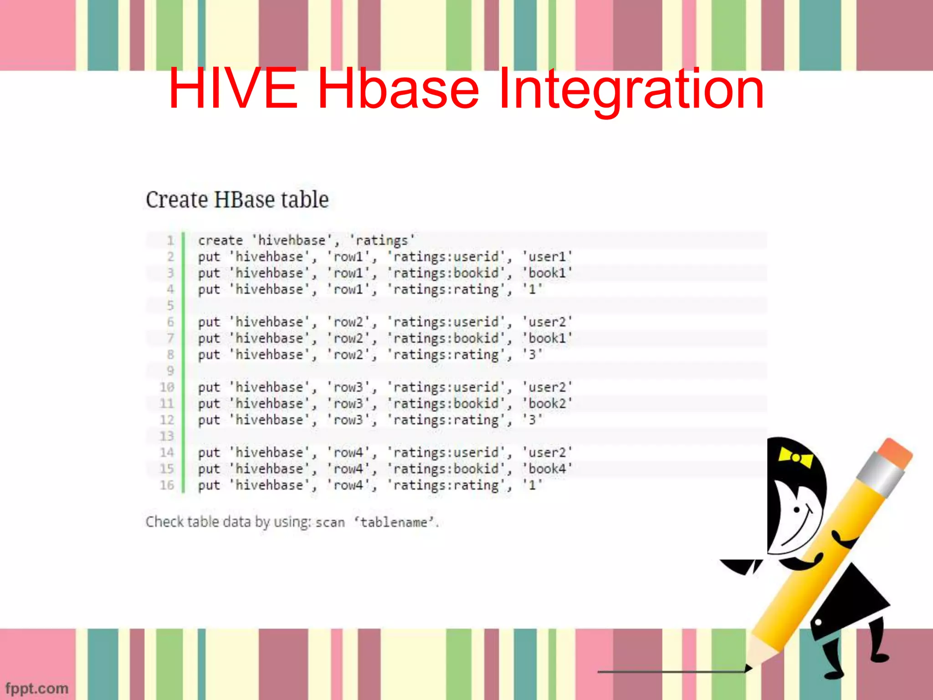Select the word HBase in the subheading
pyautogui.click(x=244, y=200)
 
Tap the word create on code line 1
pyautogui.click(x=220, y=240)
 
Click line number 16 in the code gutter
pyautogui.click(x=167, y=485)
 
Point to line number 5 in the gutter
pyautogui.click(x=170, y=305)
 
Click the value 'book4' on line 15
pyautogui.click(x=547, y=468)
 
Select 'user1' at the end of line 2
pyautogui.click(x=547, y=257)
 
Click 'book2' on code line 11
pyautogui.click(x=547, y=403)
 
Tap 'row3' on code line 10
pyautogui.click(x=349, y=387)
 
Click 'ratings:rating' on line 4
pyautogui.click(x=446, y=289)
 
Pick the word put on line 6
pyautogui.click(x=209, y=322)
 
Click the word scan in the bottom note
pyautogui.click(x=330, y=522)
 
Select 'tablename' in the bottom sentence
pyautogui.click(x=394, y=522)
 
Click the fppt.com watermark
pyautogui.click(x=37, y=688)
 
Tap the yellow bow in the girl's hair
pyautogui.click(x=795, y=457)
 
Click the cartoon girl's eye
pyautogui.click(x=797, y=510)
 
